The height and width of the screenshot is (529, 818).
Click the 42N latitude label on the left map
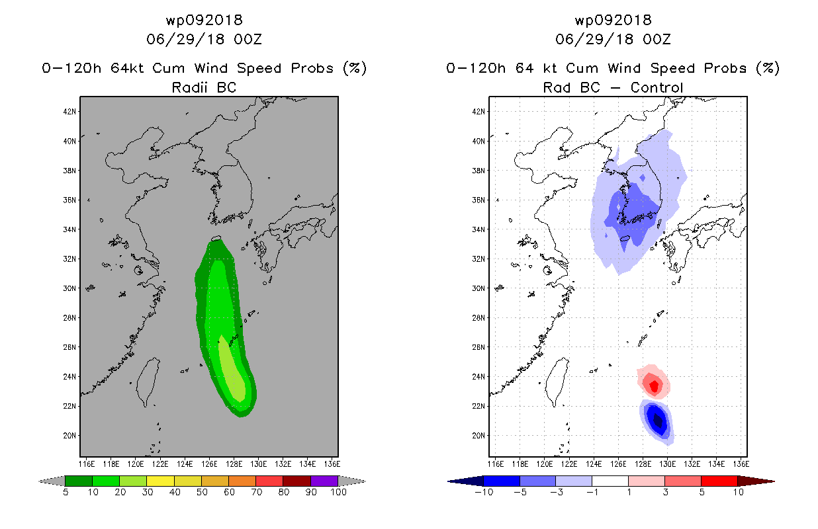coord(69,112)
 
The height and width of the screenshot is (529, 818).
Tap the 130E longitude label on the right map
coord(667,464)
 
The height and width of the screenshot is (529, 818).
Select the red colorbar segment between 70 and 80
coord(269,481)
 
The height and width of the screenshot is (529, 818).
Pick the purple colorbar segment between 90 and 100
coord(324,481)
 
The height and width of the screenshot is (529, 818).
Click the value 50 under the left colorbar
coord(202,492)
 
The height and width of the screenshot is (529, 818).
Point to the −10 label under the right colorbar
coord(484,492)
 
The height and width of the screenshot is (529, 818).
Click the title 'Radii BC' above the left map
coord(204,87)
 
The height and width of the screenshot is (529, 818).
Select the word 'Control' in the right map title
coord(657,87)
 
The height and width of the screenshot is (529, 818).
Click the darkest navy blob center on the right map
coord(657,421)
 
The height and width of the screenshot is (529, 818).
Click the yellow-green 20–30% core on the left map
coord(232,370)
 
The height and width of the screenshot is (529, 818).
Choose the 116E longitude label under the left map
coord(87,464)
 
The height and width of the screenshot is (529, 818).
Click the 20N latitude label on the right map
coord(478,436)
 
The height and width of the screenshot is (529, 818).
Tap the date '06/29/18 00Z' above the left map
coord(204,39)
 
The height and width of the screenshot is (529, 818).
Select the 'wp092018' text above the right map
coord(613,20)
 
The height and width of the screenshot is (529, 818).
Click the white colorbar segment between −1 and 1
coord(610,481)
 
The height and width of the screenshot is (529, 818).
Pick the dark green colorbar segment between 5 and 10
coord(79,481)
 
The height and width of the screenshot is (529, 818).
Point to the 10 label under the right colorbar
coord(738,492)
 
